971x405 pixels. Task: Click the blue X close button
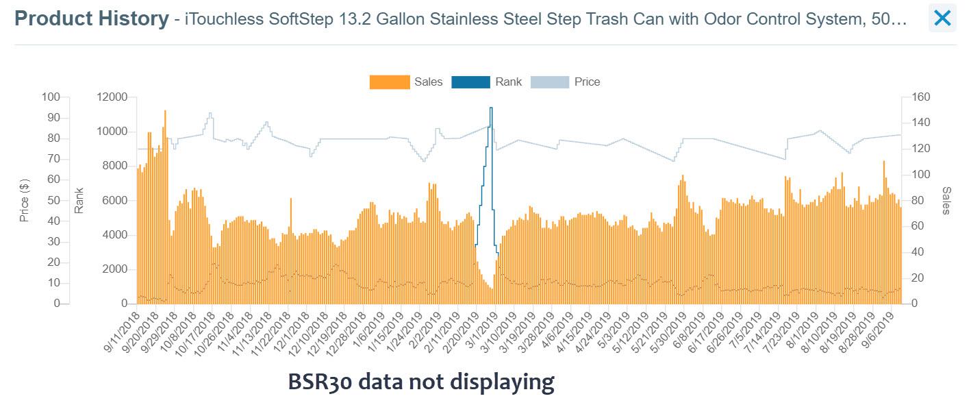click(942, 19)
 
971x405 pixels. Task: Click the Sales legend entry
click(406, 82)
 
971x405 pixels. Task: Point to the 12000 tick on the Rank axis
click(112, 97)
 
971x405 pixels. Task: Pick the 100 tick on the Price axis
click(51, 97)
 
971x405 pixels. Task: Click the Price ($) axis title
click(25, 200)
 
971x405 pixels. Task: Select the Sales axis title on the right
click(946, 200)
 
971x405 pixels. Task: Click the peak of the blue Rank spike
click(491, 108)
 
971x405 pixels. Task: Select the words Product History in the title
click(91, 19)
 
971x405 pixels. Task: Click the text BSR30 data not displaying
click(420, 381)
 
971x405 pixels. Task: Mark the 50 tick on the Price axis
click(53, 201)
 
